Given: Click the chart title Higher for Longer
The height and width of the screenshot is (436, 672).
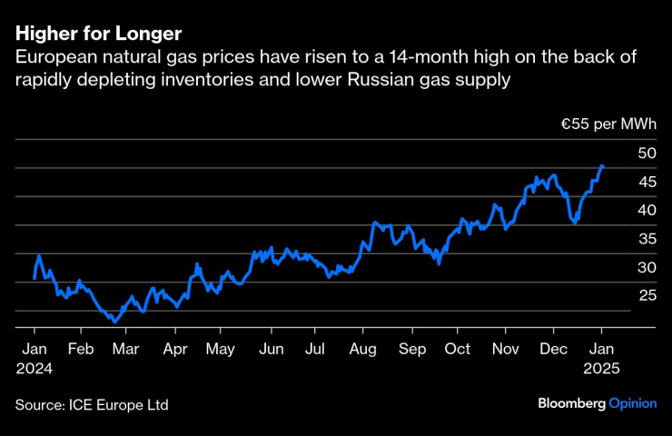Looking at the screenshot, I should point(97,34).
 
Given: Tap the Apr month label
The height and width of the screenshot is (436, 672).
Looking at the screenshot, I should point(174,349).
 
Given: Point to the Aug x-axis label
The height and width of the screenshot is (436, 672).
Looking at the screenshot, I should point(363,349).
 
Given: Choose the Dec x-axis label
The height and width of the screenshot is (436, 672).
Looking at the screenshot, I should point(552,349).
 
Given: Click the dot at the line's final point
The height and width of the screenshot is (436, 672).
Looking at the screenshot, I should point(601,166).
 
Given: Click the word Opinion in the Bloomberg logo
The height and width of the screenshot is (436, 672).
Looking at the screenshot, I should point(633,403).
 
